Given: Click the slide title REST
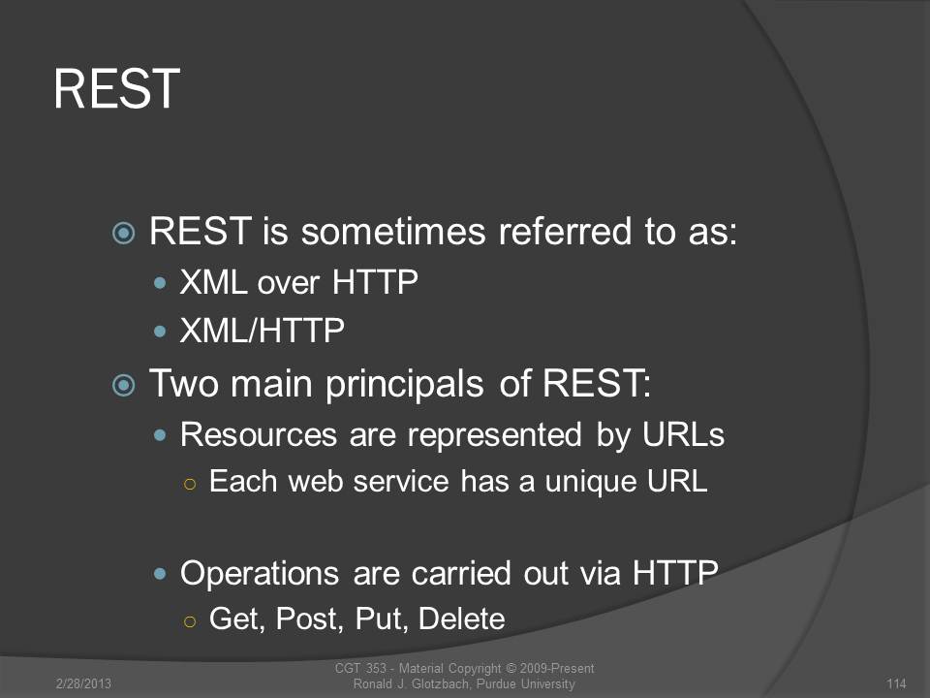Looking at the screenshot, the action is coord(117,88).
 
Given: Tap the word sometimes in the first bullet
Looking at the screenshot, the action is coord(393,231).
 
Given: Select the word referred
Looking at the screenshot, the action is coord(565,231).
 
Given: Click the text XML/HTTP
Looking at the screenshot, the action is coord(262,331).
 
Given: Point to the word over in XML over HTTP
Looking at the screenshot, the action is coord(288,282).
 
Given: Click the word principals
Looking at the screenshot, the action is coord(405,384).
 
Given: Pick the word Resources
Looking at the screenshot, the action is coord(259,434).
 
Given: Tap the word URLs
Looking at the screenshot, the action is coord(683,434).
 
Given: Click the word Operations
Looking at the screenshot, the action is coord(260,574).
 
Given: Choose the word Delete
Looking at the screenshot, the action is coord(462,619).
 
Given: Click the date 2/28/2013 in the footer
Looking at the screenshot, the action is coord(83,683).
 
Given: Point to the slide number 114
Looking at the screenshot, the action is coord(896,683).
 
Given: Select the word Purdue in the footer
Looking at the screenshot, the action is coord(497,683).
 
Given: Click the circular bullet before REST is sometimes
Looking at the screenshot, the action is coord(123,233).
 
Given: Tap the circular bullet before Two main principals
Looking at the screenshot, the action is coord(123,386).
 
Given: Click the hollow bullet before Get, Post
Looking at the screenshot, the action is coord(190,621).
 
